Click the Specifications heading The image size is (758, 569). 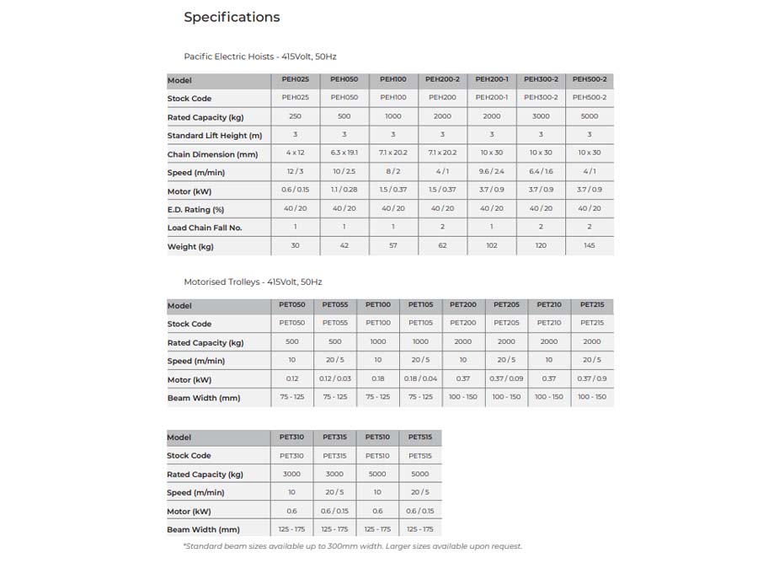pos(232,17)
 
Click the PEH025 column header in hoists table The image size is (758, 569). pos(295,79)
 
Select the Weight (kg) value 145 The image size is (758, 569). pos(590,246)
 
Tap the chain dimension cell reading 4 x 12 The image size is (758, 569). pos(295,153)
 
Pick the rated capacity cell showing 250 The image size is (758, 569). pos(295,116)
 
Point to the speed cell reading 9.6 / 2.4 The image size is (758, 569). pos(492,172)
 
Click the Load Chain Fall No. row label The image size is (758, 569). pos(205,228)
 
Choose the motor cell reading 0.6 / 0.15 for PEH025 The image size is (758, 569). pos(295,191)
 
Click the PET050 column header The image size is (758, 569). pos(292,304)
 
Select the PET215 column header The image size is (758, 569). pos(592,304)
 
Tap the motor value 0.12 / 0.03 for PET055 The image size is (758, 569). pos(335,379)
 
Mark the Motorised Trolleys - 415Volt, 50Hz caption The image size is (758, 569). pos(253,282)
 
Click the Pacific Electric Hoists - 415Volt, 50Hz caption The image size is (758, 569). pos(260,56)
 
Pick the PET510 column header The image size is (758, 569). pos(377,437)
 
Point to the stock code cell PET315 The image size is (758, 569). pos(334,455)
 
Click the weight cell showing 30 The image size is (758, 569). pos(295,246)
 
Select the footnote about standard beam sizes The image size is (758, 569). pos(353,546)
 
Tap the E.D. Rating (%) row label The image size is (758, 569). pos(195,209)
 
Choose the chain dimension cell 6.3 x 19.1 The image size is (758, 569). pos(344,153)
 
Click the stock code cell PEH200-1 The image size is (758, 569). pos(492,98)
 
